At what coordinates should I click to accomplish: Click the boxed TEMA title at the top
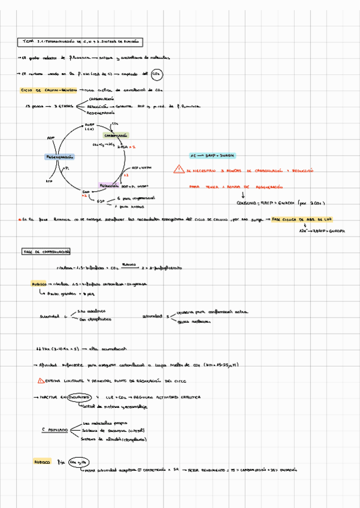pos(81,42)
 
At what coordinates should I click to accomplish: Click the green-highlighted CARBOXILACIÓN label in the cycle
pos(113,135)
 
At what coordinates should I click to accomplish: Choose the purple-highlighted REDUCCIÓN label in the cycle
pos(110,185)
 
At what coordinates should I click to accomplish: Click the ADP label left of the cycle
pos(50,137)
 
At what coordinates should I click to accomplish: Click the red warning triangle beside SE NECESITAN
pos(178,170)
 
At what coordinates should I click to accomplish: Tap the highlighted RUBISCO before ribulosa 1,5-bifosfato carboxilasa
pos(41,285)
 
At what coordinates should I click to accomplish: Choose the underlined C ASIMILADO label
pos(53,430)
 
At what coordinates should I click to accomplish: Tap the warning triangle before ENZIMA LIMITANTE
pos(41,380)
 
